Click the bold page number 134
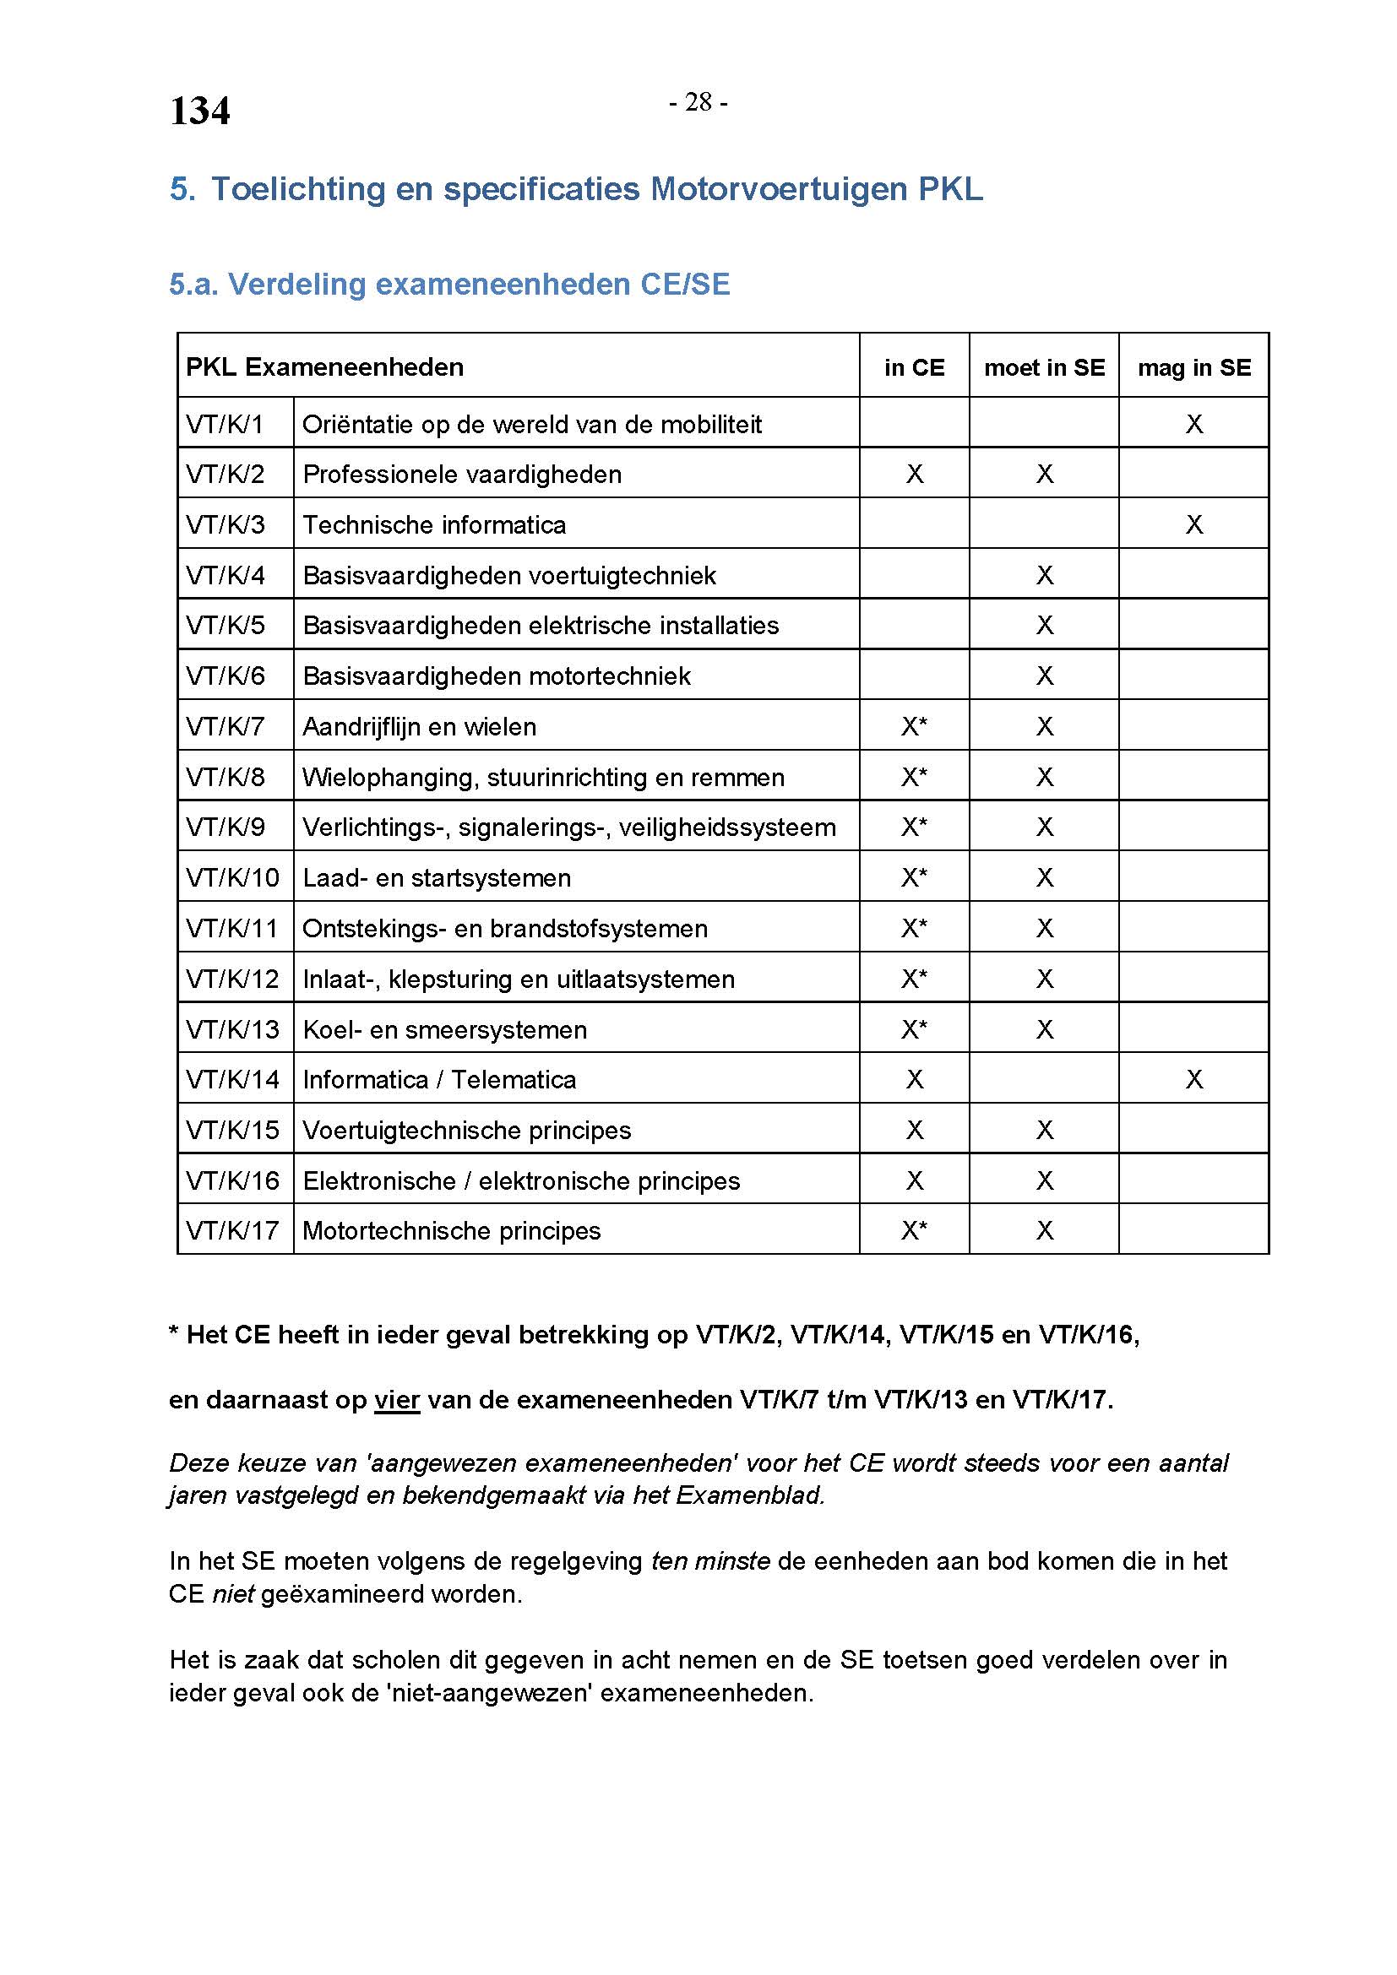[199, 111]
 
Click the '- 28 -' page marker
[698, 103]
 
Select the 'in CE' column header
[914, 367]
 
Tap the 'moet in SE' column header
[1043, 367]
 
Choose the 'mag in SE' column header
[1193, 367]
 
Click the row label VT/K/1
[225, 424]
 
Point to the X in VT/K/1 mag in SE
[1194, 424]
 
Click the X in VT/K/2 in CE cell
[915, 474]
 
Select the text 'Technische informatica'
[434, 524]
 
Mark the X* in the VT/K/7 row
[914, 727]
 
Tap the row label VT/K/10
[232, 878]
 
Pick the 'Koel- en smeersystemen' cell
[445, 1029]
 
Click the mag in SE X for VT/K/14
[1194, 1080]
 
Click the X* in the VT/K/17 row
[914, 1231]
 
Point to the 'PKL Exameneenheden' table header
[324, 367]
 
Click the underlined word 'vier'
[397, 1399]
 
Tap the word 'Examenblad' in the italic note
[748, 1495]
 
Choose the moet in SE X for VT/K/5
[1044, 626]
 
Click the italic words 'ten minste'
[710, 1560]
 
